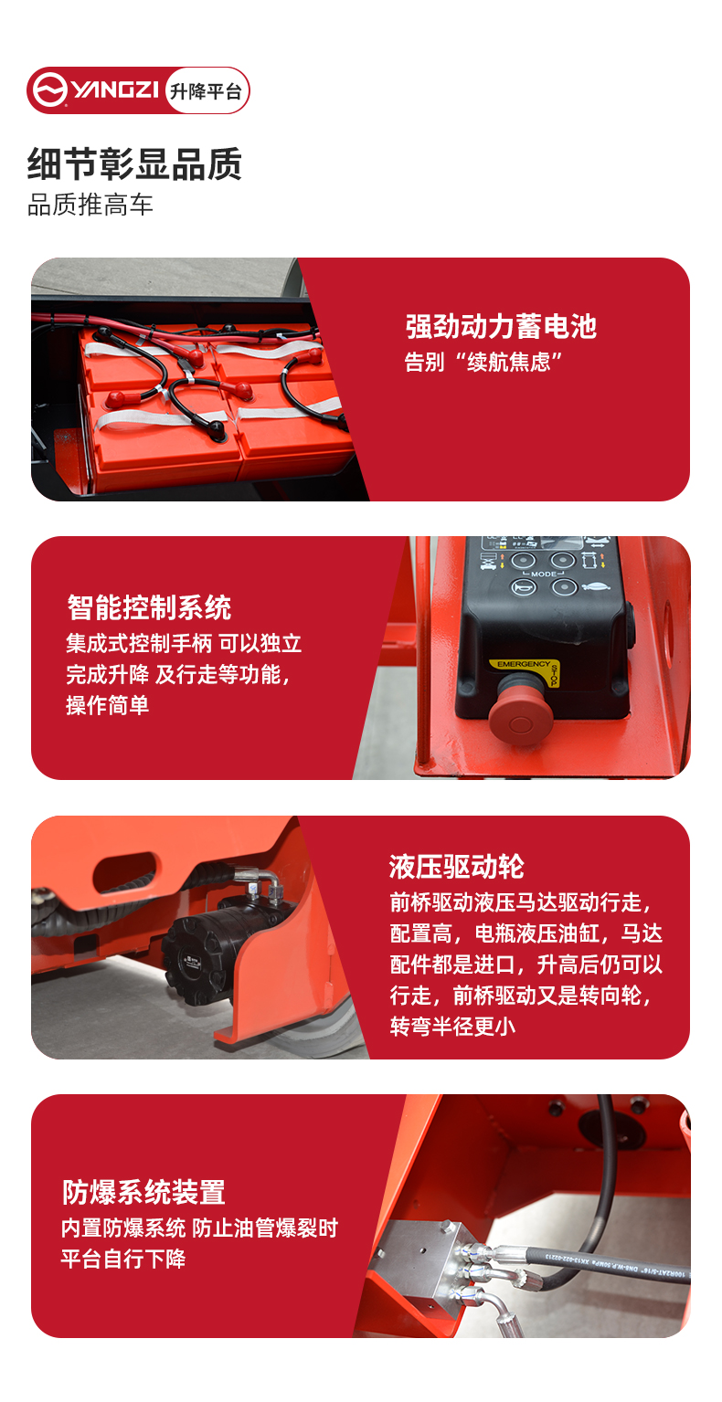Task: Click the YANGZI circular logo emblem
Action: [48, 90]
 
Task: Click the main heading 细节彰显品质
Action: [134, 164]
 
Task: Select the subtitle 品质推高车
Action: [90, 205]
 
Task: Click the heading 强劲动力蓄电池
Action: [501, 326]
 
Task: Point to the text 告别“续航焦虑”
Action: [482, 362]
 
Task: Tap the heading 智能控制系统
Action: [149, 606]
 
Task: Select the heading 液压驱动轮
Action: [457, 867]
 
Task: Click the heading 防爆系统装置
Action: [143, 1192]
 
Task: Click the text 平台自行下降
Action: [123, 1259]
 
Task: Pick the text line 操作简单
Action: [107, 705]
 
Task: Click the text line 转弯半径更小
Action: [453, 1026]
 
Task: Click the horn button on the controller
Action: [524, 587]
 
